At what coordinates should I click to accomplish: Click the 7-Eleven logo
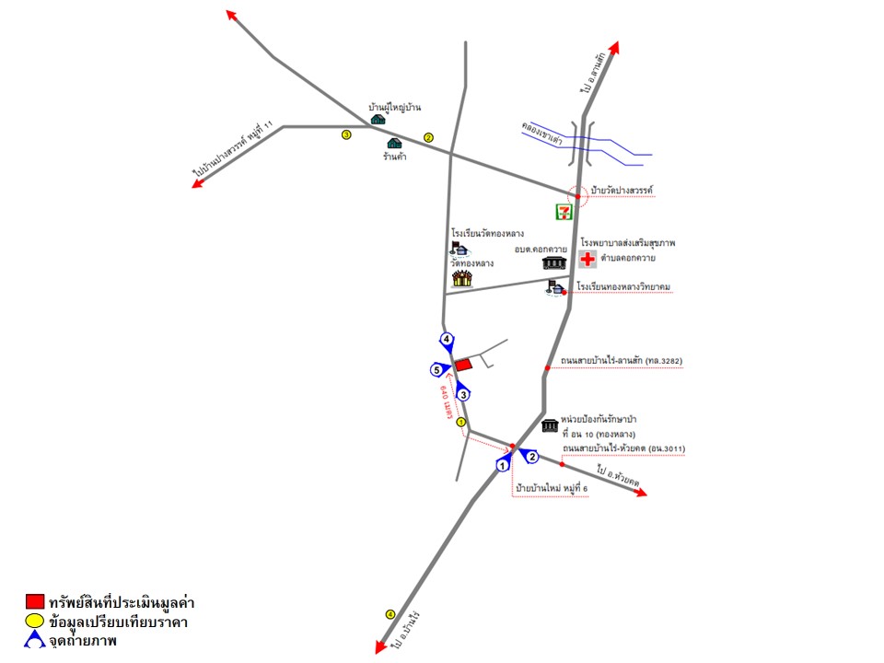click(x=564, y=212)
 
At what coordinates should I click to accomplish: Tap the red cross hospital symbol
click(x=587, y=260)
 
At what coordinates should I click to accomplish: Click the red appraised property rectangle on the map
click(x=464, y=365)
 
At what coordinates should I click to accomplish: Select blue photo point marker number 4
click(x=447, y=341)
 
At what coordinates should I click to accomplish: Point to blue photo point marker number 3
click(x=464, y=394)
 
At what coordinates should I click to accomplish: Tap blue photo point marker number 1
click(x=503, y=465)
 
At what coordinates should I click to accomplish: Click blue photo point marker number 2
click(x=531, y=457)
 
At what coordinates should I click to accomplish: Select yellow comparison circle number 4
click(x=390, y=614)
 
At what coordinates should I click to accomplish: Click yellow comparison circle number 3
click(x=346, y=134)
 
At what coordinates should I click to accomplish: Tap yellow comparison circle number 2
click(x=428, y=138)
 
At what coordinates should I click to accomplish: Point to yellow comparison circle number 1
click(x=461, y=423)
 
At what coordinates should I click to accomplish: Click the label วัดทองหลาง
click(x=470, y=262)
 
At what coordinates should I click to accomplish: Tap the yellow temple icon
click(x=462, y=278)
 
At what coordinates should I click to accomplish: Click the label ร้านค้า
click(x=395, y=157)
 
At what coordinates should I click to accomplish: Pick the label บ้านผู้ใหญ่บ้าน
click(x=394, y=108)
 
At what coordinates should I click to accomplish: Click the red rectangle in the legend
click(x=35, y=602)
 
